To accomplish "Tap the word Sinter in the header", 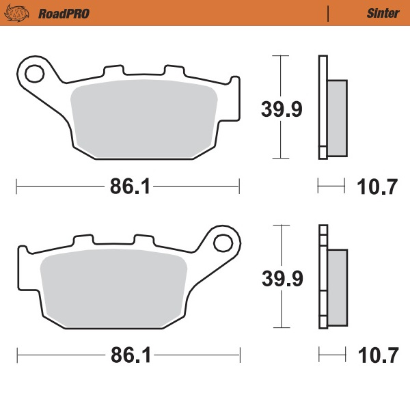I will click(378, 13).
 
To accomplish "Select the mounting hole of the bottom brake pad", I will click(223, 242).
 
